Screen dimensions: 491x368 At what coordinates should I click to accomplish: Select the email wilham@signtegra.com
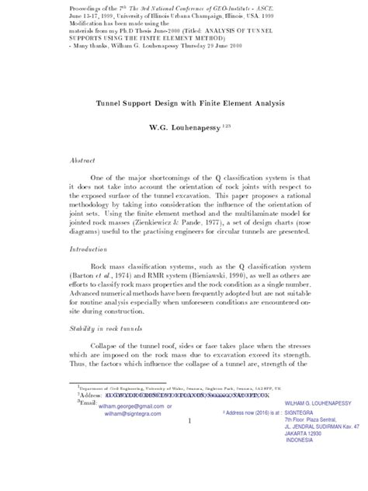coord(117,413)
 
